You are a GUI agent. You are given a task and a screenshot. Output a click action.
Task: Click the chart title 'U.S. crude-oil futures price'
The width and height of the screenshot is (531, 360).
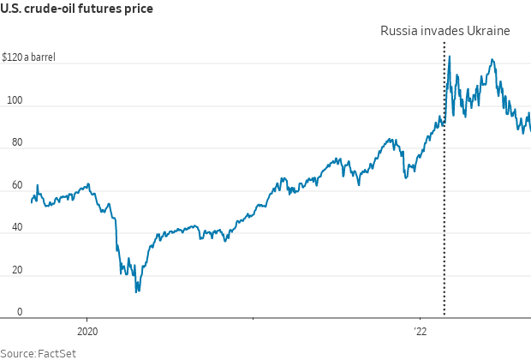[x=76, y=9]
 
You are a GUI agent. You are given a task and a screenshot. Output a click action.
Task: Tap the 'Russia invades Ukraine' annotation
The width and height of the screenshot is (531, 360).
[x=444, y=31]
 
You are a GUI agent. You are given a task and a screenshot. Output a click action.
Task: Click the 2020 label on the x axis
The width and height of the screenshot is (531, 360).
[x=87, y=331]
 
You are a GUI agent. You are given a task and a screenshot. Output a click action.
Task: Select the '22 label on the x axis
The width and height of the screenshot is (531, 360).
[x=420, y=331]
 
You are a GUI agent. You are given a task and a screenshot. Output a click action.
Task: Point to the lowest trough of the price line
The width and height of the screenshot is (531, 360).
[x=137, y=292]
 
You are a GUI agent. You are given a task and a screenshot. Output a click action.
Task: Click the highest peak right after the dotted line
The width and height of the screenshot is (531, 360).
[x=450, y=57]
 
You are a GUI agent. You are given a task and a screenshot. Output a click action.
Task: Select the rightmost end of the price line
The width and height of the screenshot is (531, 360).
[x=530, y=130]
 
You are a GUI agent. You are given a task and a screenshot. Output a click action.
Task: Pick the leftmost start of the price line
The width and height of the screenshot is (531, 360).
[x=31, y=202]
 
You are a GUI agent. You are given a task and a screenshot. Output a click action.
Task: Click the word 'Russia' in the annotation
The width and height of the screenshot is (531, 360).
[x=398, y=31]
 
